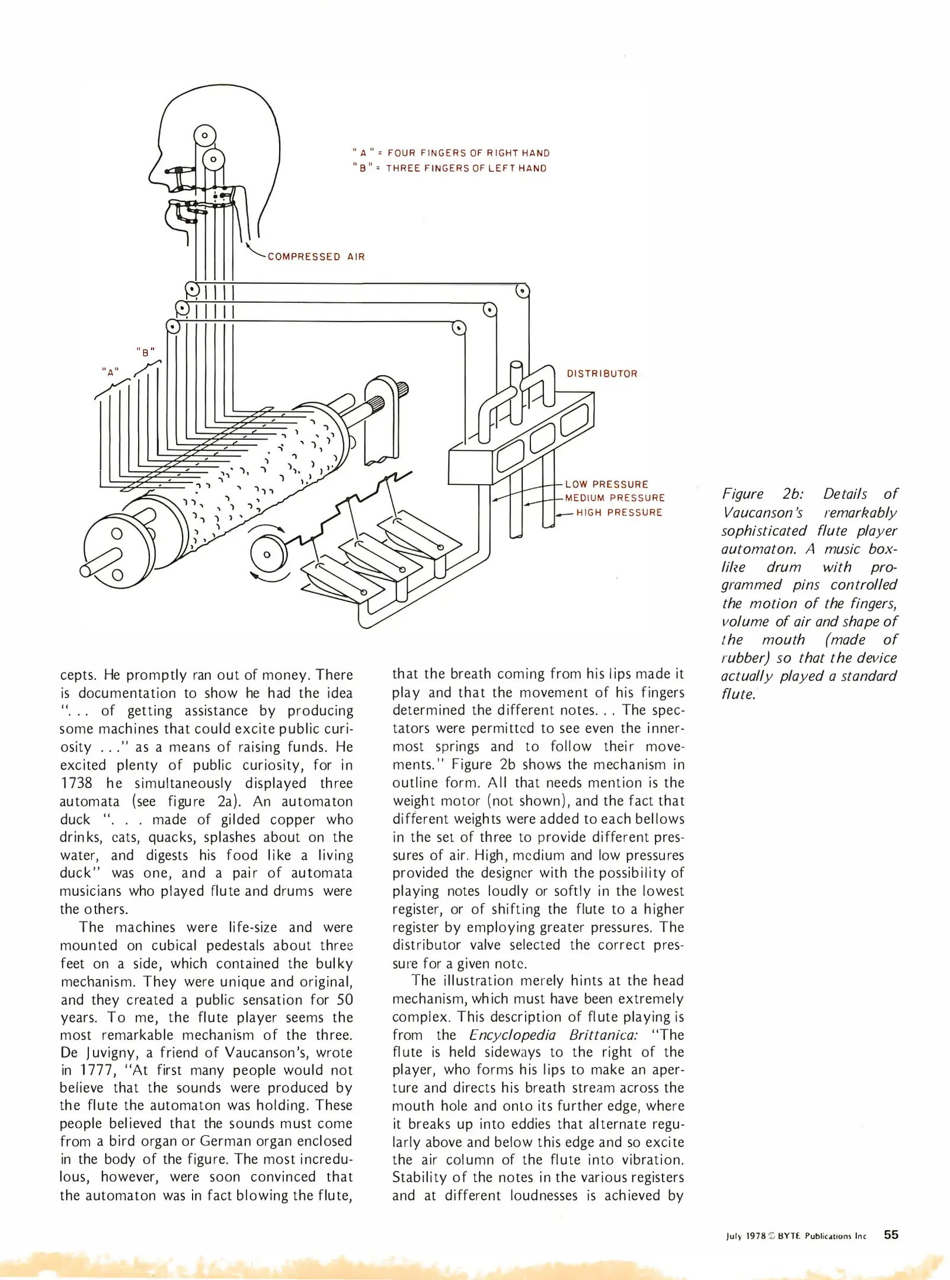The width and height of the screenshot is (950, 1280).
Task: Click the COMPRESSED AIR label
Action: [316, 257]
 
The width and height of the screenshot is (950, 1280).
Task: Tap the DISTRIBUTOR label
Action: [602, 374]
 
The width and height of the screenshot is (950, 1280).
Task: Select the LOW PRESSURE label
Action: [606, 484]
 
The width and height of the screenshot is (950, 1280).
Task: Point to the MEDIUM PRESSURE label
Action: [615, 498]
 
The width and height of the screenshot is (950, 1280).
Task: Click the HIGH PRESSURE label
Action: [619, 513]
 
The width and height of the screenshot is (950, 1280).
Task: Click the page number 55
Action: [891, 1234]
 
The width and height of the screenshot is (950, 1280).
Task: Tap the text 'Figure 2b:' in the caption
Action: [762, 494]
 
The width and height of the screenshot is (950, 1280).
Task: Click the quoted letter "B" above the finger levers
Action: [145, 352]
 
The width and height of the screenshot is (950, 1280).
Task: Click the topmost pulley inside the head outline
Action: [204, 136]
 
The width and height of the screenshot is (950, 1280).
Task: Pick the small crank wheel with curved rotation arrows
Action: [267, 554]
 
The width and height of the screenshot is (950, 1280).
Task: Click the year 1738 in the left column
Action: [76, 783]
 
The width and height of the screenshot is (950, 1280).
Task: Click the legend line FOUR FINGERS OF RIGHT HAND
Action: [468, 153]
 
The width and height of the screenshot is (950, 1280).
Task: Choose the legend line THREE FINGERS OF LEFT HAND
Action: [466, 168]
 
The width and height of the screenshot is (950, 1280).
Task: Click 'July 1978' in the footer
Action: [746, 1236]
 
